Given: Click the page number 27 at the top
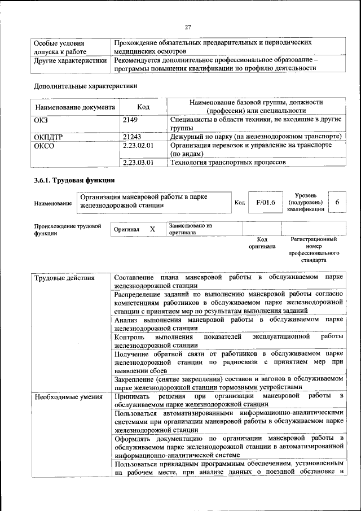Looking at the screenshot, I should [188, 27].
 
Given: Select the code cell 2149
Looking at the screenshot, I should [130, 120].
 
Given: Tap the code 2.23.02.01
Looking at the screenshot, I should [138, 145].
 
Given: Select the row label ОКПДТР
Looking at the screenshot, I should [49, 137].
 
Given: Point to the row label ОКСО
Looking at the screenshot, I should [45, 145].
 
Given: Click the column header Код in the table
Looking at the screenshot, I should [143, 107].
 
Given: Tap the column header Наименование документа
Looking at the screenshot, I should [75, 107].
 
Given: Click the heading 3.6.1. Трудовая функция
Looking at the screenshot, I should [74, 181].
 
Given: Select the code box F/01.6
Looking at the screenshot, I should [265, 202].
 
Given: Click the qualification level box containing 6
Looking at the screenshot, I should [337, 202].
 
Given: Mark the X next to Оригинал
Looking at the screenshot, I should [152, 229].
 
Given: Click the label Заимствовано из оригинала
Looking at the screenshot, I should [190, 229].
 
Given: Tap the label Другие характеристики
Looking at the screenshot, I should [70, 60].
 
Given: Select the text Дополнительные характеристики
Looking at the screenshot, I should [85, 86].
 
